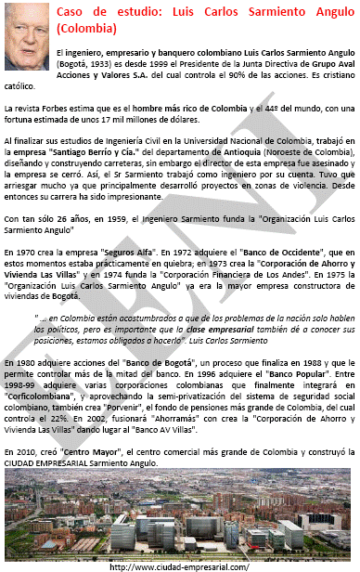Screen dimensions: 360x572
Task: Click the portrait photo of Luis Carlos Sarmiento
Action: click(x=27, y=37)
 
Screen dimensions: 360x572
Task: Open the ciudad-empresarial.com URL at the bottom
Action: click(x=179, y=565)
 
